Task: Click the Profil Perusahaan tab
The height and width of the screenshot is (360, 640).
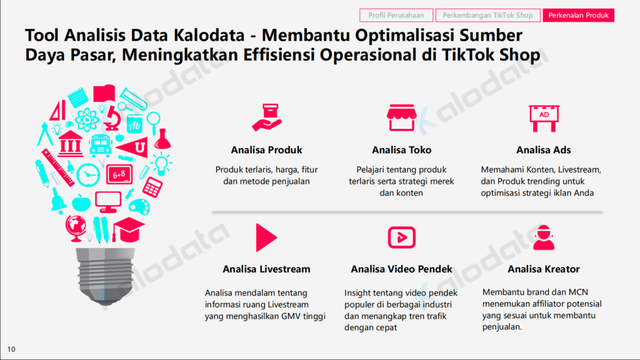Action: tap(396, 16)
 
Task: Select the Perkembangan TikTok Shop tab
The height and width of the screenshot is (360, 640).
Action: tap(487, 16)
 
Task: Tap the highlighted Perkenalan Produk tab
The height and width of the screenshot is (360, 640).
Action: tap(578, 16)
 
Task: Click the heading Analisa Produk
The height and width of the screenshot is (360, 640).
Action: tap(266, 150)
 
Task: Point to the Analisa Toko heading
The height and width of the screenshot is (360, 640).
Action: tap(402, 150)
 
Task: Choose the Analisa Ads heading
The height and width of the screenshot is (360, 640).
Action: tap(544, 150)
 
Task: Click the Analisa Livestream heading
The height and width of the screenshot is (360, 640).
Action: tap(266, 269)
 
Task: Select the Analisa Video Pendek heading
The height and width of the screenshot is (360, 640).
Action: tap(402, 269)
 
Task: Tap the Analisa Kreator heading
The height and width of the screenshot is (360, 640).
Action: tap(544, 269)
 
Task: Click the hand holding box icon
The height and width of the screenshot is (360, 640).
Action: tap(267, 117)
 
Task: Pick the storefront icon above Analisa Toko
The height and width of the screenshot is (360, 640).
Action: tap(402, 117)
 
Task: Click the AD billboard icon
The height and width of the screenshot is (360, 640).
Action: tap(544, 118)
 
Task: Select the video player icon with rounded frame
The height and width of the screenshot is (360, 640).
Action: tap(402, 237)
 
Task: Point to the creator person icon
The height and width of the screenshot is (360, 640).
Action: tap(544, 237)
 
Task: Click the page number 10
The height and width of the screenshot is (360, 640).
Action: tap(11, 349)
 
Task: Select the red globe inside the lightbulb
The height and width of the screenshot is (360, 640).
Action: tap(76, 228)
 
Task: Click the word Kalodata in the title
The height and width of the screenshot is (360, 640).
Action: tap(209, 35)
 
